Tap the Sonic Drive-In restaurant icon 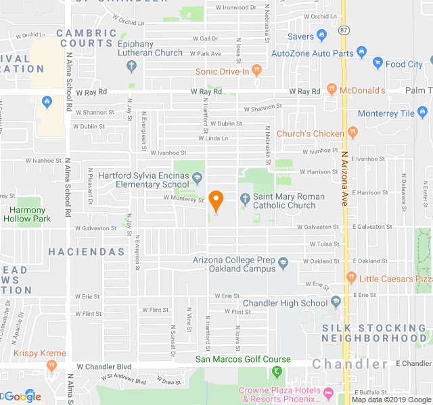click(256, 70)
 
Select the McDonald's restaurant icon click(332, 89)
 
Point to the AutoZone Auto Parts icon click(361, 53)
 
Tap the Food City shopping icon click(378, 64)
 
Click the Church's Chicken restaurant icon click(352, 132)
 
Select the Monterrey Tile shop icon click(423, 113)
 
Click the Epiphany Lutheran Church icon click(132, 66)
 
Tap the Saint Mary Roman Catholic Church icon click(246, 198)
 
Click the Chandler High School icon click(336, 302)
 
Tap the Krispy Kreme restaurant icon click(51, 366)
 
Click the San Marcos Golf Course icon click(276, 371)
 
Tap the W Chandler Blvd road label click(104, 367)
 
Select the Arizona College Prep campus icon click(283, 263)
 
